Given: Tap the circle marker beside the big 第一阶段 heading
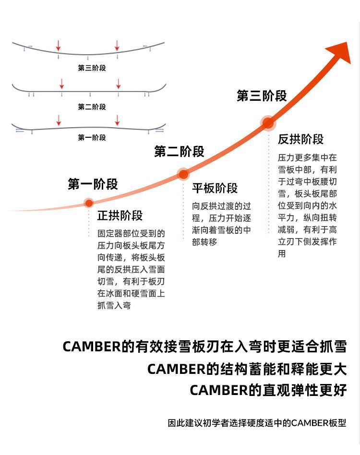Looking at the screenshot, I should tap(89, 203).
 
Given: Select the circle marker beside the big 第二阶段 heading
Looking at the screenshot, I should tap(183, 174).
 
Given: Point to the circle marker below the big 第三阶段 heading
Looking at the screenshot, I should tap(268, 123).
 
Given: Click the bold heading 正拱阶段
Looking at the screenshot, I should tap(120, 216).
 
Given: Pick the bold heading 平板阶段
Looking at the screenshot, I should tap(215, 188).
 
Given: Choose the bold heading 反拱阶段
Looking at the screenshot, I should tap(300, 140).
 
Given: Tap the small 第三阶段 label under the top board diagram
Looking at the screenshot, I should tap(92, 68).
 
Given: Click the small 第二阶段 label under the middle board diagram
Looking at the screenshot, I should tap(92, 107).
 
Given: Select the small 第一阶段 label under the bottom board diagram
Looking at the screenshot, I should tap(92, 138).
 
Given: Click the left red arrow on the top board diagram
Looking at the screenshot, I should tap(59, 46).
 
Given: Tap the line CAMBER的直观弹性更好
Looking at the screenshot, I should tap(268, 390).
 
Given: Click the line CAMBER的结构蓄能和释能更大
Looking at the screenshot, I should tap(247, 369).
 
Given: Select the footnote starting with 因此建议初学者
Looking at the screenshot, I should tap(257, 423).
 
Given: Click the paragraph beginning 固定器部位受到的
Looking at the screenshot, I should tap(131, 269).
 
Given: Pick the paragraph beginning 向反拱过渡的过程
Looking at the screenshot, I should tap(221, 224).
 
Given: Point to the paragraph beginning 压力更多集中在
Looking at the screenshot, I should tap(307, 205).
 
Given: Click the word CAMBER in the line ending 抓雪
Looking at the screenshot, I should tap(92, 347).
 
